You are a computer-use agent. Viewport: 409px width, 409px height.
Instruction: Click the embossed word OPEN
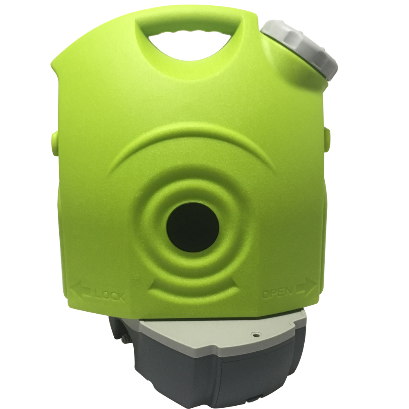click(x=277, y=293)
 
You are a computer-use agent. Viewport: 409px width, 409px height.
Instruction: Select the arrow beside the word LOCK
click(x=81, y=291)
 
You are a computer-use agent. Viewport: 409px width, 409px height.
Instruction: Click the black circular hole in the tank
click(x=190, y=227)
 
